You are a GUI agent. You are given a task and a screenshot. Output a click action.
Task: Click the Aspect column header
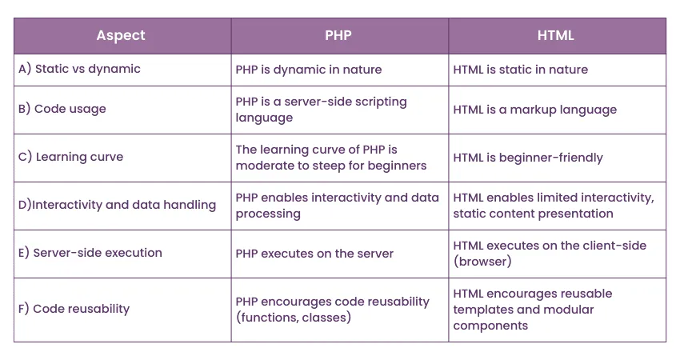pos(121,36)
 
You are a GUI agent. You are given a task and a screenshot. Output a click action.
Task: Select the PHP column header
pos(338,36)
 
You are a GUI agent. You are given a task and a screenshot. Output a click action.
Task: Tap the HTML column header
pos(556,36)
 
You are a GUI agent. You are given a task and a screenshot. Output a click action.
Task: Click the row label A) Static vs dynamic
pos(79,69)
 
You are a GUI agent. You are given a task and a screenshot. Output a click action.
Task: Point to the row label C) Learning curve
pos(70,157)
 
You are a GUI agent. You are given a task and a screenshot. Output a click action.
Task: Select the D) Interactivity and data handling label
pos(117,205)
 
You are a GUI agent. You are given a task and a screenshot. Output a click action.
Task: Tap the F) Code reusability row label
pos(74,309)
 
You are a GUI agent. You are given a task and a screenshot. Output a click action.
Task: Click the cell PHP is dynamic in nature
pos(309,70)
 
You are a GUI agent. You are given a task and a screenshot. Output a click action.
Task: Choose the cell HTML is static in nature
pos(520,70)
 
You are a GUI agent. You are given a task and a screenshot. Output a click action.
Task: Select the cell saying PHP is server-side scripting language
pos(321,110)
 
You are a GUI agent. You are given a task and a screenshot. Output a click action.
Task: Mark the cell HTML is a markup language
pos(534,110)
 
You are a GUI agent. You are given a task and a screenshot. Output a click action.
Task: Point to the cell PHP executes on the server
pos(314,254)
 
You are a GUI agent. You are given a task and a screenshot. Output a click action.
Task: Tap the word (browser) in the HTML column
pos(482,262)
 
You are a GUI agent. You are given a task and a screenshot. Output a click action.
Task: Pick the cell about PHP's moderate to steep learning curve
pos(330,158)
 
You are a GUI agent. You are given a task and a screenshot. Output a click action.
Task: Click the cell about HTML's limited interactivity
pos(553,206)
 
